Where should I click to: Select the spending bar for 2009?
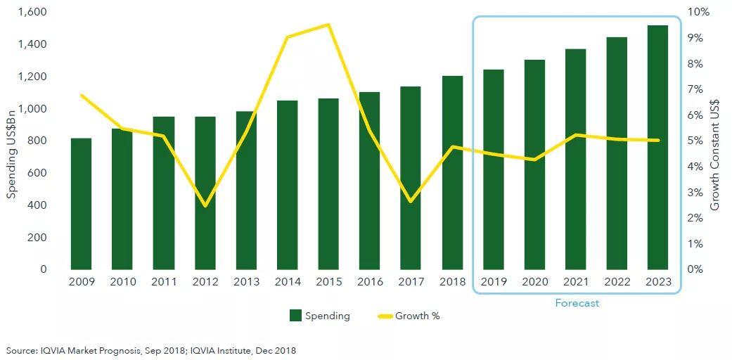pyautogui.click(x=81, y=204)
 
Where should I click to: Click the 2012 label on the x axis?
pyautogui.click(x=205, y=283)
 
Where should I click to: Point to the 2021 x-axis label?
pyautogui.click(x=575, y=283)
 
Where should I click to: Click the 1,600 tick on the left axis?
pyautogui.click(x=32, y=12)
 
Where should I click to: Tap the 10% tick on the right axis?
pyautogui.click(x=699, y=12)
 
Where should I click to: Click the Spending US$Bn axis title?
pyautogui.click(x=12, y=141)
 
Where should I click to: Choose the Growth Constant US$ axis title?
pyautogui.click(x=716, y=141)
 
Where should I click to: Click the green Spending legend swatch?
pyautogui.click(x=295, y=316)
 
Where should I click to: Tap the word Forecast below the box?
pyautogui.click(x=577, y=303)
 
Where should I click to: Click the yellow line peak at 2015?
pyautogui.click(x=328, y=25)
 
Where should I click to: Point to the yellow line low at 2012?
pyautogui.click(x=205, y=206)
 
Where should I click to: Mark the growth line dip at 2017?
pyautogui.click(x=411, y=202)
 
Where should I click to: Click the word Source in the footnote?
pyautogui.click(x=21, y=349)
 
